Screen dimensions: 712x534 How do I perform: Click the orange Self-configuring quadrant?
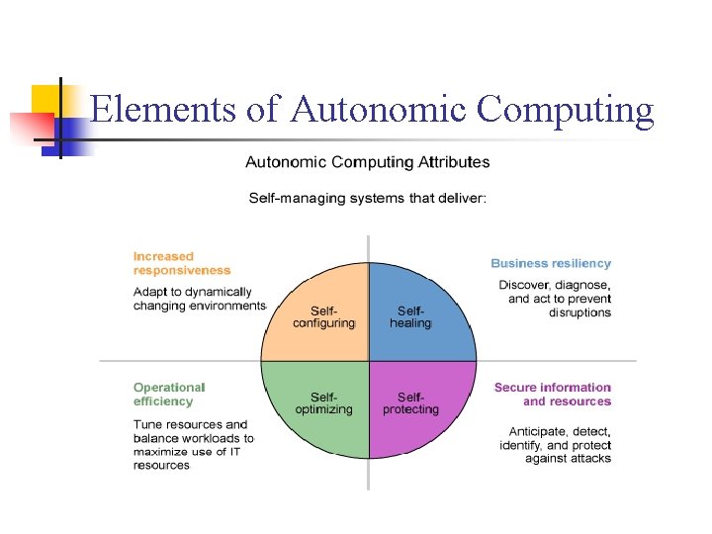(x=321, y=316)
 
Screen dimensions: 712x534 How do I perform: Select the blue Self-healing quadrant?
(x=415, y=316)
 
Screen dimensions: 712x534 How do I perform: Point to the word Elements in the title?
(x=162, y=110)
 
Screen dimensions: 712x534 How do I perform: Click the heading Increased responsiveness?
(x=182, y=263)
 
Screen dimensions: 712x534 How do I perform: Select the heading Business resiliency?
(x=551, y=263)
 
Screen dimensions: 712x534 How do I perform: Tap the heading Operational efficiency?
(x=169, y=394)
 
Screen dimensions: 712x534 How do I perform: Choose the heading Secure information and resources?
(x=554, y=394)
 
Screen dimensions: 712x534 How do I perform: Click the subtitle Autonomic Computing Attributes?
(x=367, y=162)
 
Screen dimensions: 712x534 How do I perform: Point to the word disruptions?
(x=579, y=312)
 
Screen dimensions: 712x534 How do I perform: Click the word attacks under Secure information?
(x=590, y=458)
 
